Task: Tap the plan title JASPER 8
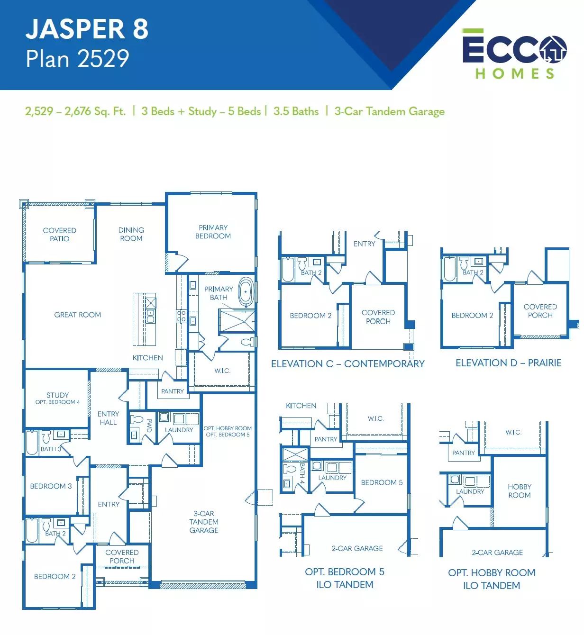[x=87, y=29]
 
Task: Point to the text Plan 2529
[x=77, y=59]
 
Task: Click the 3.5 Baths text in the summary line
[x=296, y=111]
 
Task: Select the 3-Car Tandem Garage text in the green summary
[x=390, y=111]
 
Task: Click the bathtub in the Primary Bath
[x=246, y=291]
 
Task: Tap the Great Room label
[x=78, y=315]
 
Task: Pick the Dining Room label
[x=131, y=234]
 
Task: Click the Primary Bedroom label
[x=213, y=232]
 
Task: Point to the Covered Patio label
[x=60, y=235]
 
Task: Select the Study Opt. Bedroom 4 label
[x=58, y=398]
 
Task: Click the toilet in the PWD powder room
[x=136, y=419]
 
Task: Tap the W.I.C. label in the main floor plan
[x=222, y=371]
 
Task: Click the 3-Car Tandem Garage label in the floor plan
[x=204, y=522]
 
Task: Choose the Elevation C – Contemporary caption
[x=348, y=364]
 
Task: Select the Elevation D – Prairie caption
[x=508, y=363]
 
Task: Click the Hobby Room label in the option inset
[x=520, y=491]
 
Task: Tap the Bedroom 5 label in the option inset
[x=382, y=482]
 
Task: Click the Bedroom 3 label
[x=51, y=486]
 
